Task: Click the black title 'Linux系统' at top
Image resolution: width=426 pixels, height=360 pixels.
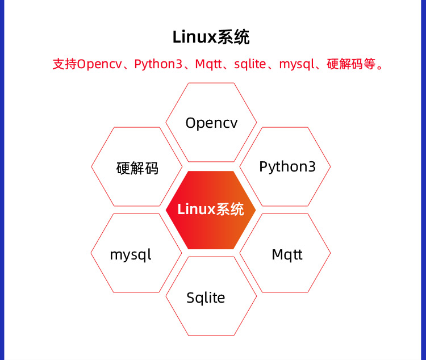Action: click(x=211, y=37)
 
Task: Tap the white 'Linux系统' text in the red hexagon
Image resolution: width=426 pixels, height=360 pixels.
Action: click(x=211, y=209)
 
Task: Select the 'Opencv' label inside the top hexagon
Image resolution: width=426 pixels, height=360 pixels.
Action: click(x=211, y=123)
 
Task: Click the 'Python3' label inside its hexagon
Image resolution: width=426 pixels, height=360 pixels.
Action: click(x=287, y=167)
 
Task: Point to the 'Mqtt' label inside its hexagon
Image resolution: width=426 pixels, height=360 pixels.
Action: click(x=287, y=254)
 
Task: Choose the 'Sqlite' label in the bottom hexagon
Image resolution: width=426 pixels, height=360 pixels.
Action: click(x=206, y=298)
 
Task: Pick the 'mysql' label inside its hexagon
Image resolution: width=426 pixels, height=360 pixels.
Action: click(x=131, y=254)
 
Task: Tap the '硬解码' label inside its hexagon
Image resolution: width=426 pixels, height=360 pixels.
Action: click(x=137, y=168)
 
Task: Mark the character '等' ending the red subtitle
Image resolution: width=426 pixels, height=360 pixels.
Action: click(x=369, y=64)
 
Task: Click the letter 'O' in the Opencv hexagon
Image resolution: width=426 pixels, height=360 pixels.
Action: click(x=191, y=123)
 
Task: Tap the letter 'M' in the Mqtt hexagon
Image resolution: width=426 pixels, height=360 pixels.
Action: click(x=277, y=254)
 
